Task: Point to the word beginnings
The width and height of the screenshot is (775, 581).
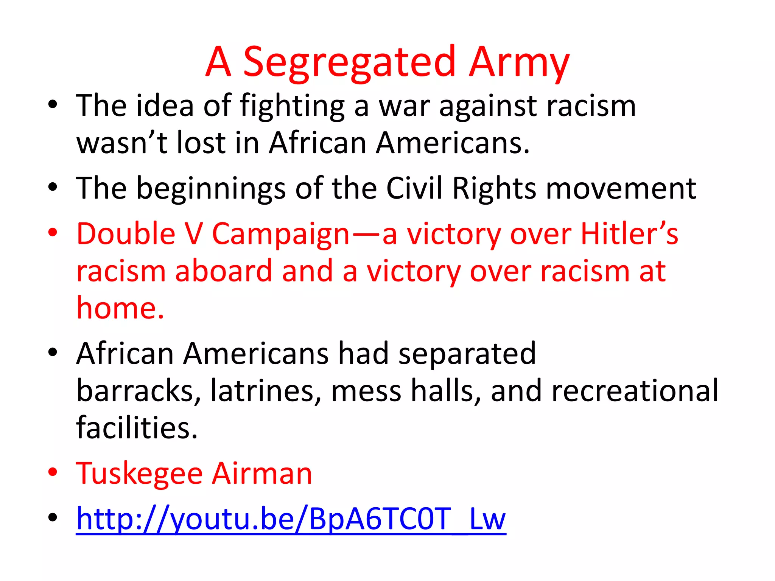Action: coord(211,189)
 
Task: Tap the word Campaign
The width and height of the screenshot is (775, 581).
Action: coord(280,235)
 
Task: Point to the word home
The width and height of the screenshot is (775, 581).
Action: coord(120,308)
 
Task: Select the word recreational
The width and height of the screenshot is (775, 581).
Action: coord(635,391)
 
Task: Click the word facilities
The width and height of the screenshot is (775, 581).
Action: coord(137,428)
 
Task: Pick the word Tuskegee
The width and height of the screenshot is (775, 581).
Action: coord(139,474)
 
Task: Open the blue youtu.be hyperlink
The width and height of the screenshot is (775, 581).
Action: coord(291,519)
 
